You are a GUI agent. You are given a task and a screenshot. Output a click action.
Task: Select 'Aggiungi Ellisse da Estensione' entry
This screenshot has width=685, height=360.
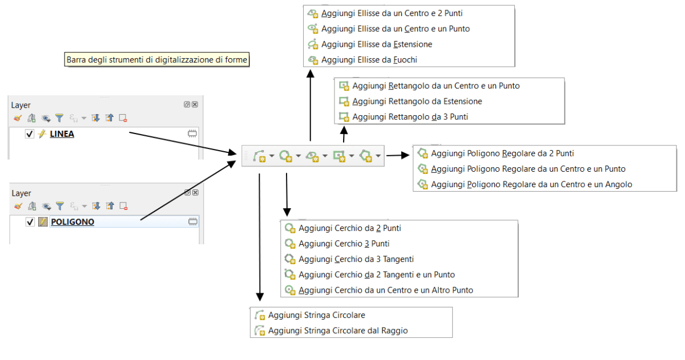[376, 44]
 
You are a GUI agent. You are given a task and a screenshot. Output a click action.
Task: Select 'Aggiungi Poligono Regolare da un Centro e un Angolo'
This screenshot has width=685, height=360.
[531, 184]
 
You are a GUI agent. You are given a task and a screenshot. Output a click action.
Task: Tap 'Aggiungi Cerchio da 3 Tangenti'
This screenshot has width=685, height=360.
[356, 259]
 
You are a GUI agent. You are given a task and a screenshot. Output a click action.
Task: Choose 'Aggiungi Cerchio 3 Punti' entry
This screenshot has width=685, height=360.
[344, 244]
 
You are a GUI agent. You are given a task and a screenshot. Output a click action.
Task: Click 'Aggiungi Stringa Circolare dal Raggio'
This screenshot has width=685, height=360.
[338, 330]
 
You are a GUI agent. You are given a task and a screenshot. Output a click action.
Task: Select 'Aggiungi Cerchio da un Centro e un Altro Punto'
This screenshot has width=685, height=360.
[385, 290]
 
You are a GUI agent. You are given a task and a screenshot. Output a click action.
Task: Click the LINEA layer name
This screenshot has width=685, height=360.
[62, 134]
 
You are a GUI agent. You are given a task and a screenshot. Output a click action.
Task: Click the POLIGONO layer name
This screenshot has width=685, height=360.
[72, 222]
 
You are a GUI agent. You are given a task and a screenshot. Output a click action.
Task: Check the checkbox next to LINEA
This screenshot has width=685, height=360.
[30, 134]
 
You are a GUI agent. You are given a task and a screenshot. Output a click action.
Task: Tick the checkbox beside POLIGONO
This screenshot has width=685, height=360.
[30, 222]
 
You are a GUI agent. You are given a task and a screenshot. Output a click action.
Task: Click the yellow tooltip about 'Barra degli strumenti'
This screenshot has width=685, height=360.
[157, 59]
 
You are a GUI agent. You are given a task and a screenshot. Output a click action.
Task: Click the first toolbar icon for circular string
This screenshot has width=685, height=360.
[259, 155]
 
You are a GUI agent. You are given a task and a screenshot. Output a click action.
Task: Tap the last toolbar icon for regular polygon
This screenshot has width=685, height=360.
[366, 155]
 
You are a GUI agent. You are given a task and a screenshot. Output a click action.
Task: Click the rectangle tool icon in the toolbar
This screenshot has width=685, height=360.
[340, 155]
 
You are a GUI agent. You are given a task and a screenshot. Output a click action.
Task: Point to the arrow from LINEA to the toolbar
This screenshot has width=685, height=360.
[183, 143]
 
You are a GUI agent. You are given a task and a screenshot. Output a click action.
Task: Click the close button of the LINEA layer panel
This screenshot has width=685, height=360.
[195, 105]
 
